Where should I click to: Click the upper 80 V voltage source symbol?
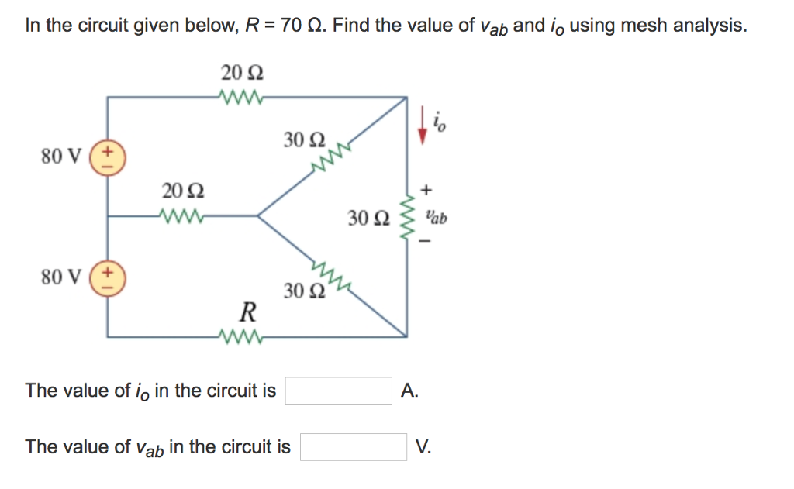tap(107, 155)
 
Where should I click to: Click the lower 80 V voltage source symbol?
tap(107, 280)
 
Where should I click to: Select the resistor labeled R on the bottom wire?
tap(243, 337)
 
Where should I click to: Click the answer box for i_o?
tap(339, 391)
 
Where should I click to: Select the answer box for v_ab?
tap(354, 447)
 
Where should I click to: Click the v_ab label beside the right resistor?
tap(435, 219)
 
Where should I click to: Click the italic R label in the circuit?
tap(247, 313)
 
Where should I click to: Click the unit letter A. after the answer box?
tap(410, 391)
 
